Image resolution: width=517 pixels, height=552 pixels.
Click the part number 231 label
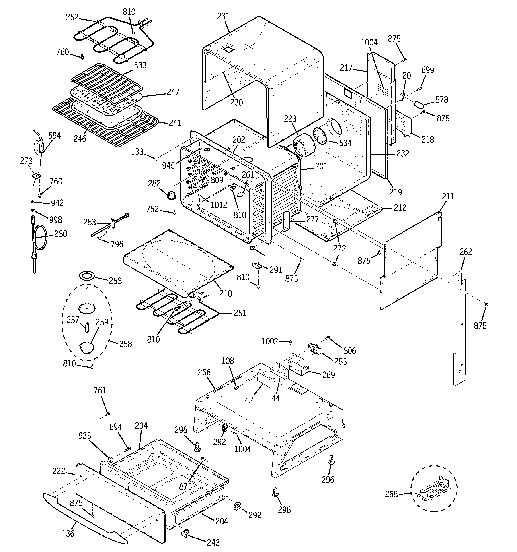tap(223, 16)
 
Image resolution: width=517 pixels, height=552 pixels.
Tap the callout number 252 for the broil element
tap(72, 17)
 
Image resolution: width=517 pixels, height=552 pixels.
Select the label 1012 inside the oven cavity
tap(219, 205)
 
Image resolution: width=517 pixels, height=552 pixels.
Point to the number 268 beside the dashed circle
tap(391, 494)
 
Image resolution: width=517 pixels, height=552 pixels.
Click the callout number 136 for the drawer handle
tap(68, 533)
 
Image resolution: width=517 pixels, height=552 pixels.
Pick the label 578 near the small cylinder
tap(442, 100)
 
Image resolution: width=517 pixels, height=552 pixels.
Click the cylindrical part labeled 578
tap(419, 105)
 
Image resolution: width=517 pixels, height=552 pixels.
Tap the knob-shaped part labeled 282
tap(172, 195)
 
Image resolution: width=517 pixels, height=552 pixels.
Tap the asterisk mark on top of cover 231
tap(248, 47)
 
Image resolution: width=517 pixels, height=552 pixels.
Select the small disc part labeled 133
tap(156, 159)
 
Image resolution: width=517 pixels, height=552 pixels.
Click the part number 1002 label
tap(270, 341)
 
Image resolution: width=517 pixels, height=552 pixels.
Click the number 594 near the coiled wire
tap(54, 136)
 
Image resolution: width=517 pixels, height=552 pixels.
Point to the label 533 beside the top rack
tap(140, 66)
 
